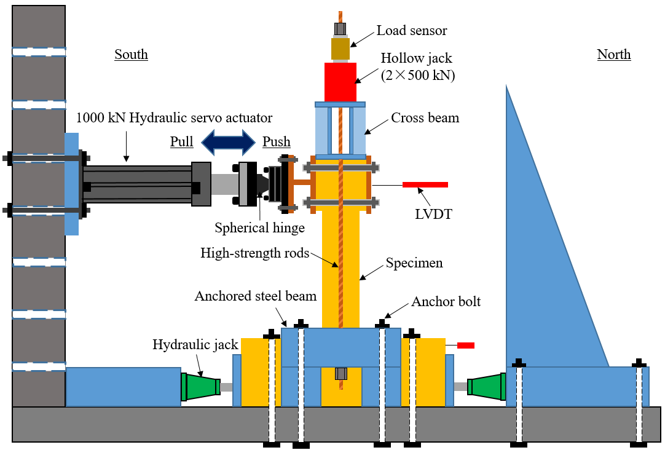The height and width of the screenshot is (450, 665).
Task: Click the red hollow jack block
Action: (340, 82)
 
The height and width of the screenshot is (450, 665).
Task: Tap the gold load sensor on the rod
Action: (340, 49)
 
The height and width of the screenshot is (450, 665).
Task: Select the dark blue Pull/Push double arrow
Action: (228, 142)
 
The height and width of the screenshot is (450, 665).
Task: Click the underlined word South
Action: (131, 54)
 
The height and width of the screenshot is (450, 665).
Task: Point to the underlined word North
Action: (613, 54)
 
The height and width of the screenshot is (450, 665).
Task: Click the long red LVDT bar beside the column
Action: (425, 184)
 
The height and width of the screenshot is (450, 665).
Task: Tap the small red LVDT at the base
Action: (465, 345)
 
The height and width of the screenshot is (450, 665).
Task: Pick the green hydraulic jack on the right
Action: (486, 387)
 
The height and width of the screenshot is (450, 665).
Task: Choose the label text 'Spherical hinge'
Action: (259, 228)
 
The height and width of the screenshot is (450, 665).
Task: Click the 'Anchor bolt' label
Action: (446, 302)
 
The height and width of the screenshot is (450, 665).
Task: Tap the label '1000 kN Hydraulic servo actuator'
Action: (174, 117)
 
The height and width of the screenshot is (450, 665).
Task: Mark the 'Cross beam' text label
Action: (425, 117)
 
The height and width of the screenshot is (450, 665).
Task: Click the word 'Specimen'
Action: (414, 263)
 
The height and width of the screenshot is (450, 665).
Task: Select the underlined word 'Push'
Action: (277, 142)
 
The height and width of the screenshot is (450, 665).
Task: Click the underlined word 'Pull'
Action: (181, 142)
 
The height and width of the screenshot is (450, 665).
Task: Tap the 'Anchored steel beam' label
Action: (255, 296)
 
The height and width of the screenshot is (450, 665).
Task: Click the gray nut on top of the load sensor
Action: (340, 28)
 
